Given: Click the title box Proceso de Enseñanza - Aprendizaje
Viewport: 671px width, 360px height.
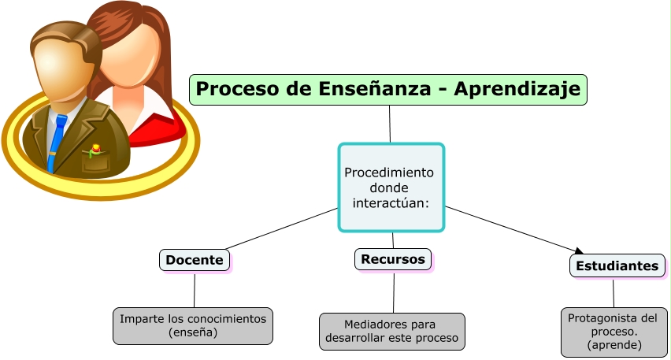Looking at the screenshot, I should point(387,89).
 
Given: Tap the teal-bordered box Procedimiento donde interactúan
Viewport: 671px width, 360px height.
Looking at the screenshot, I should point(391,187).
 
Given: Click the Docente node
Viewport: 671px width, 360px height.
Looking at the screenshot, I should point(195,260).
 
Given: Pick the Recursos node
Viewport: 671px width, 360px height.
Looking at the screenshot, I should point(393,259).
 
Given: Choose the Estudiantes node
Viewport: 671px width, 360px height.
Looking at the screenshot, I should point(617,266).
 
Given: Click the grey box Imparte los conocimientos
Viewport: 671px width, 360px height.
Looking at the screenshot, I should point(193,325).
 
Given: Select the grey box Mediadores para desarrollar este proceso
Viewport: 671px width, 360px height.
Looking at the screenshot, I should point(391,332).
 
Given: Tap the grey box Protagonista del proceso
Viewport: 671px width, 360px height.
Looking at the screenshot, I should point(614,332).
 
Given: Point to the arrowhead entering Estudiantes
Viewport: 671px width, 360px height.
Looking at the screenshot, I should point(579,252).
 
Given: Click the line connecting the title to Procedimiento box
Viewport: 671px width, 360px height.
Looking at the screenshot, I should point(390,124).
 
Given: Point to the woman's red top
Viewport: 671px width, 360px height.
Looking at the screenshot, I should point(154,131).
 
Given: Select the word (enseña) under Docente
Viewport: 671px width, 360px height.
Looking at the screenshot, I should point(193,333).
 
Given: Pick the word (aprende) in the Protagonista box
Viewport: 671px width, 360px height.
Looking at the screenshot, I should point(614,345).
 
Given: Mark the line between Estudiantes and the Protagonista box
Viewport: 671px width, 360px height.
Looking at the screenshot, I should point(614,292).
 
